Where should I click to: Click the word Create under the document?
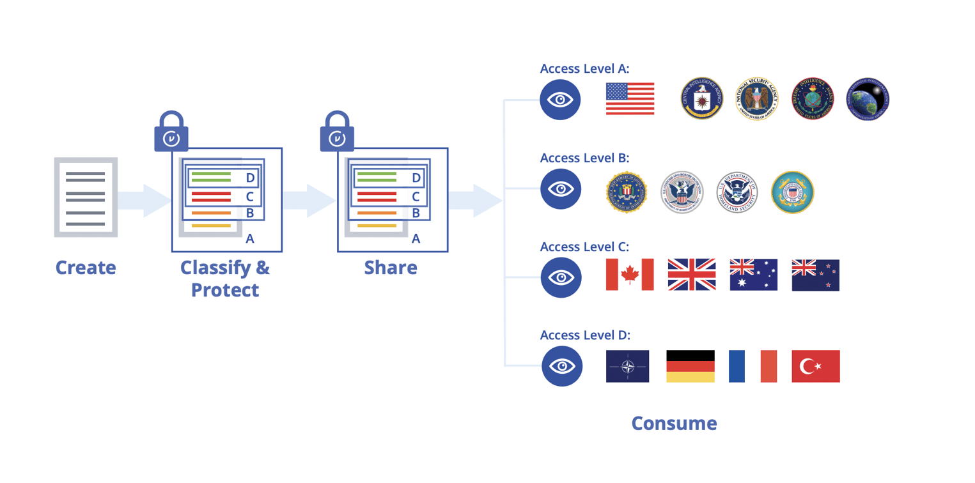click(86, 267)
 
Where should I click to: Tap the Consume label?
click(674, 423)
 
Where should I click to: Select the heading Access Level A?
click(584, 69)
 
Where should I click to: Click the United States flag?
click(630, 99)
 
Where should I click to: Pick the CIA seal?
click(701, 99)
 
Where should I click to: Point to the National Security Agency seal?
click(757, 99)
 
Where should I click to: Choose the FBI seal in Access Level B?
click(627, 192)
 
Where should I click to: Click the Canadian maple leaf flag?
click(630, 275)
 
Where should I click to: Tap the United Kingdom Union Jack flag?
click(691, 275)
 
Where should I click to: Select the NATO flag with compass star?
click(627, 366)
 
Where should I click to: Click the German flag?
click(690, 366)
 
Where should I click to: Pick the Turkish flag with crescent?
click(815, 366)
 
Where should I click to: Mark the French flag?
click(753, 366)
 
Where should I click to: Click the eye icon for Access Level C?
click(561, 277)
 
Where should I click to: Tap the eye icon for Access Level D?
click(562, 366)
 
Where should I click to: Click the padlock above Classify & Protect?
click(171, 132)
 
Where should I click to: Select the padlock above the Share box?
click(337, 132)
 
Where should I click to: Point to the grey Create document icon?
click(86, 197)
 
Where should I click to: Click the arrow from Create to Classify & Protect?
click(144, 200)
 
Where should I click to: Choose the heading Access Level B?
click(584, 158)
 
